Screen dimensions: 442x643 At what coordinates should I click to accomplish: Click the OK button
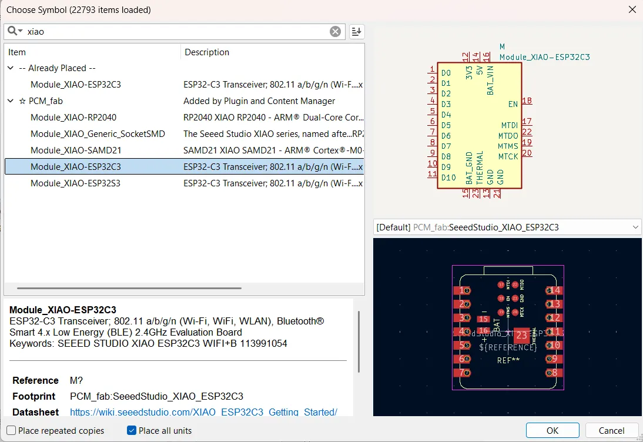point(552,430)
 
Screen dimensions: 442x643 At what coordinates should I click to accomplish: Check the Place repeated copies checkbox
point(11,431)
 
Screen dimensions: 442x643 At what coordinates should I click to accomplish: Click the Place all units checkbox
point(132,431)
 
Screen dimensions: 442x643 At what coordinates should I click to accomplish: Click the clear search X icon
point(335,32)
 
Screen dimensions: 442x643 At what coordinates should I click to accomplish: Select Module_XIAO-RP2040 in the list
point(73,118)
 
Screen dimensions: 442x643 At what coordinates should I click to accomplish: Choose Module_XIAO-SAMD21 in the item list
point(76,150)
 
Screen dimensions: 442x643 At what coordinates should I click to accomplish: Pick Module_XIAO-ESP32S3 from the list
point(76,183)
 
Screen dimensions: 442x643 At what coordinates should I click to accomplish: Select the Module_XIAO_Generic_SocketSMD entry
point(98,134)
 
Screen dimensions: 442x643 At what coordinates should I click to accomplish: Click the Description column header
point(207,52)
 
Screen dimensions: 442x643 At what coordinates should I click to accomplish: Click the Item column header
point(17,52)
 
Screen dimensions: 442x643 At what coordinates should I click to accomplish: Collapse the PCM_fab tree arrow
point(11,101)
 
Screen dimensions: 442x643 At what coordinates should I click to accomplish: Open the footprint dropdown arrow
point(635,227)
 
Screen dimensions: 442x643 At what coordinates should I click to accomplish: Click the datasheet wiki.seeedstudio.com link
point(203,412)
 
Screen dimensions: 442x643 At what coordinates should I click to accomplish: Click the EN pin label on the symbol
point(513,104)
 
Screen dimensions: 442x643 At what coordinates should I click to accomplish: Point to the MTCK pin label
point(508,156)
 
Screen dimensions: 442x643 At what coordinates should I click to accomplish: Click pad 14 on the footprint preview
point(553,290)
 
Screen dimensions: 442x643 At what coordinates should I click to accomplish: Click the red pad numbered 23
point(521,336)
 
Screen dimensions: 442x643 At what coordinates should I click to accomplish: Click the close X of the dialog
point(632,9)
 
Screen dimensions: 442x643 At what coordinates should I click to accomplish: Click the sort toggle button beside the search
point(357,32)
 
